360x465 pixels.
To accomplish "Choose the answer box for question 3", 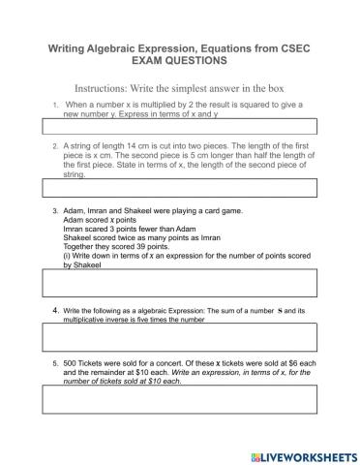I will [x=179, y=282].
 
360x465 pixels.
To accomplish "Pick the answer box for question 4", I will [x=179, y=335].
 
